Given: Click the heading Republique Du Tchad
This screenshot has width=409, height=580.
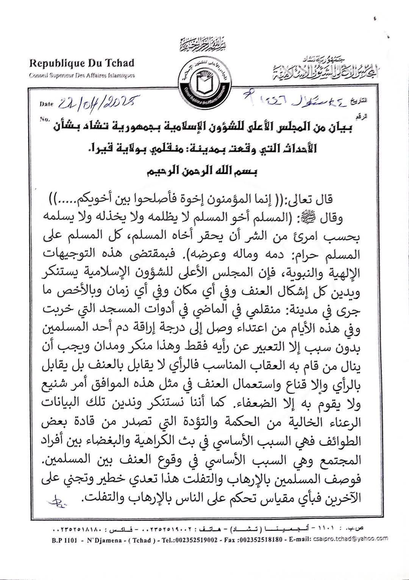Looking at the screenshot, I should pos(82,63).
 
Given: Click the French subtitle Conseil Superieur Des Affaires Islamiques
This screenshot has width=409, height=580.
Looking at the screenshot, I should pos(82,75).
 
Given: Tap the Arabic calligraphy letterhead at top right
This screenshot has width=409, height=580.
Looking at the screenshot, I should pos(318,68).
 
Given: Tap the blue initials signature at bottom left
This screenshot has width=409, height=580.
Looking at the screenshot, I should pos(58,500).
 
